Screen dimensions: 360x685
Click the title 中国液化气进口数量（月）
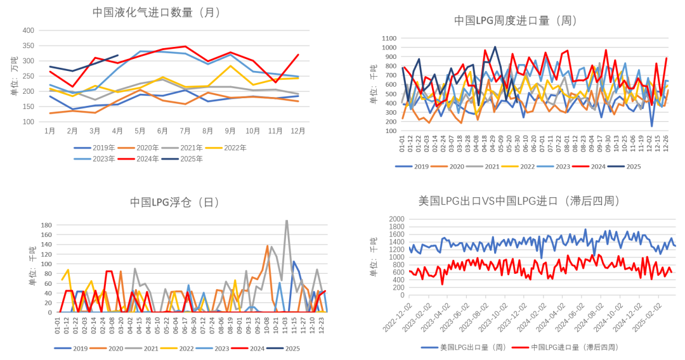click(x=160, y=12)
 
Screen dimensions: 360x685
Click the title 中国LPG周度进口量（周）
click(x=515, y=20)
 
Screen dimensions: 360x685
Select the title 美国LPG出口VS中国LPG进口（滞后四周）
click(x=519, y=201)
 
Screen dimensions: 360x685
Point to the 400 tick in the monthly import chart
click(x=28, y=30)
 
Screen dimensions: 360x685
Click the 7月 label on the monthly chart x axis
click(x=185, y=131)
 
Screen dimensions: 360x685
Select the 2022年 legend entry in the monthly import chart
click(x=233, y=147)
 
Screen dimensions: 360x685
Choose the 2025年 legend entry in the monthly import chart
click(x=190, y=158)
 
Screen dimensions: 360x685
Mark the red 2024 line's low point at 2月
click(x=72, y=87)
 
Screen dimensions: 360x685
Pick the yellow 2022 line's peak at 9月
click(x=230, y=65)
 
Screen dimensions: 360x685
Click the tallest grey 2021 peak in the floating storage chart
click(x=287, y=221)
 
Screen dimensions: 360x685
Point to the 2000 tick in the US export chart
click(x=395, y=219)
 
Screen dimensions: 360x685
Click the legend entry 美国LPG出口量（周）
click(x=465, y=347)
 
